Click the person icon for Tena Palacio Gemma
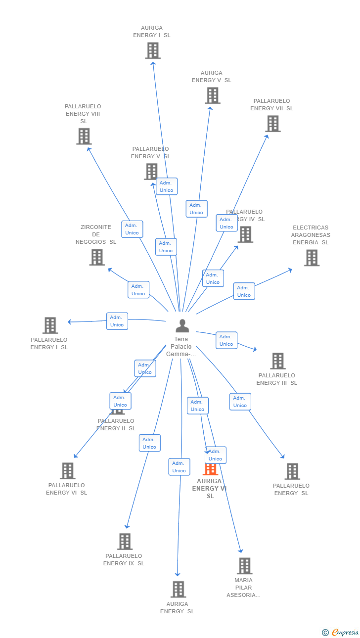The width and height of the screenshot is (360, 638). [182, 326]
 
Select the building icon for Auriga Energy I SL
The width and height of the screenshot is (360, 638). [153, 50]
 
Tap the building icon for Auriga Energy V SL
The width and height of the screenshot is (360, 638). [212, 95]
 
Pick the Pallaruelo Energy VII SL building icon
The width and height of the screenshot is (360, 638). [272, 124]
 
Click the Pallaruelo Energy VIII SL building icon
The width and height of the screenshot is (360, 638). [84, 137]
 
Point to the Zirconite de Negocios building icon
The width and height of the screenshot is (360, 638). [97, 257]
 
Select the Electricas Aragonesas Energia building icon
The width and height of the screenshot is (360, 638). [312, 258]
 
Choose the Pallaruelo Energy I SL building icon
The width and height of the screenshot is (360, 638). [50, 325]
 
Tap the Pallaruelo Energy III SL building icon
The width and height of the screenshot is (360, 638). [277, 361]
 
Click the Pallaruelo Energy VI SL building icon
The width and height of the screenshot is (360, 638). [68, 471]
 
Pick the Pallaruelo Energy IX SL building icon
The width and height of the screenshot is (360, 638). [125, 542]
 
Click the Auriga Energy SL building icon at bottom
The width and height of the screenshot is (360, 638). [178, 590]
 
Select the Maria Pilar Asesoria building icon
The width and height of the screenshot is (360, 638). [244, 566]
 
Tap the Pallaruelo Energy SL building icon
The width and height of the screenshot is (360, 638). [292, 471]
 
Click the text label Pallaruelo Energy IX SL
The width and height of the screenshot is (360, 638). [124, 560]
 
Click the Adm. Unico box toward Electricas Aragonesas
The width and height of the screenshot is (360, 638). [244, 291]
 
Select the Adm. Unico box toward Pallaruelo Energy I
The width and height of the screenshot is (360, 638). [117, 321]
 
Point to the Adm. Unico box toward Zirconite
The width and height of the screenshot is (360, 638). [138, 290]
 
